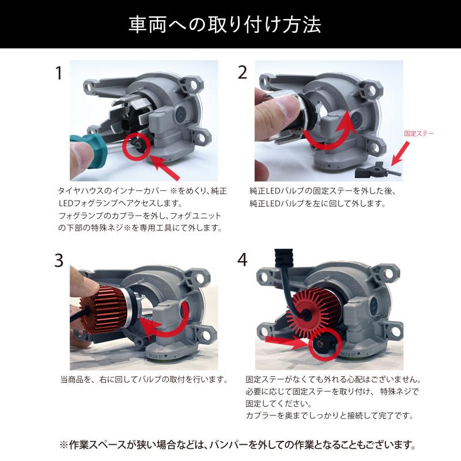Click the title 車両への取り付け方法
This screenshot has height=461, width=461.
pyautogui.click(x=231, y=25)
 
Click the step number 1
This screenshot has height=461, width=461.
pyautogui.click(x=58, y=73)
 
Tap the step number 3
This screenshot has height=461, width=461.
pyautogui.click(x=58, y=261)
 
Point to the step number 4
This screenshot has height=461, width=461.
pyautogui.click(x=242, y=260)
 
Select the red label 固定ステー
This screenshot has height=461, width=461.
pyautogui.click(x=420, y=133)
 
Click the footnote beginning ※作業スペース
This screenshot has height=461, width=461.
pyautogui.click(x=237, y=445)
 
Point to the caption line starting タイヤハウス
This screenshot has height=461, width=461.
pyautogui.click(x=143, y=190)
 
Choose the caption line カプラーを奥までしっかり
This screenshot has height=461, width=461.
pyautogui.click(x=329, y=415)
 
